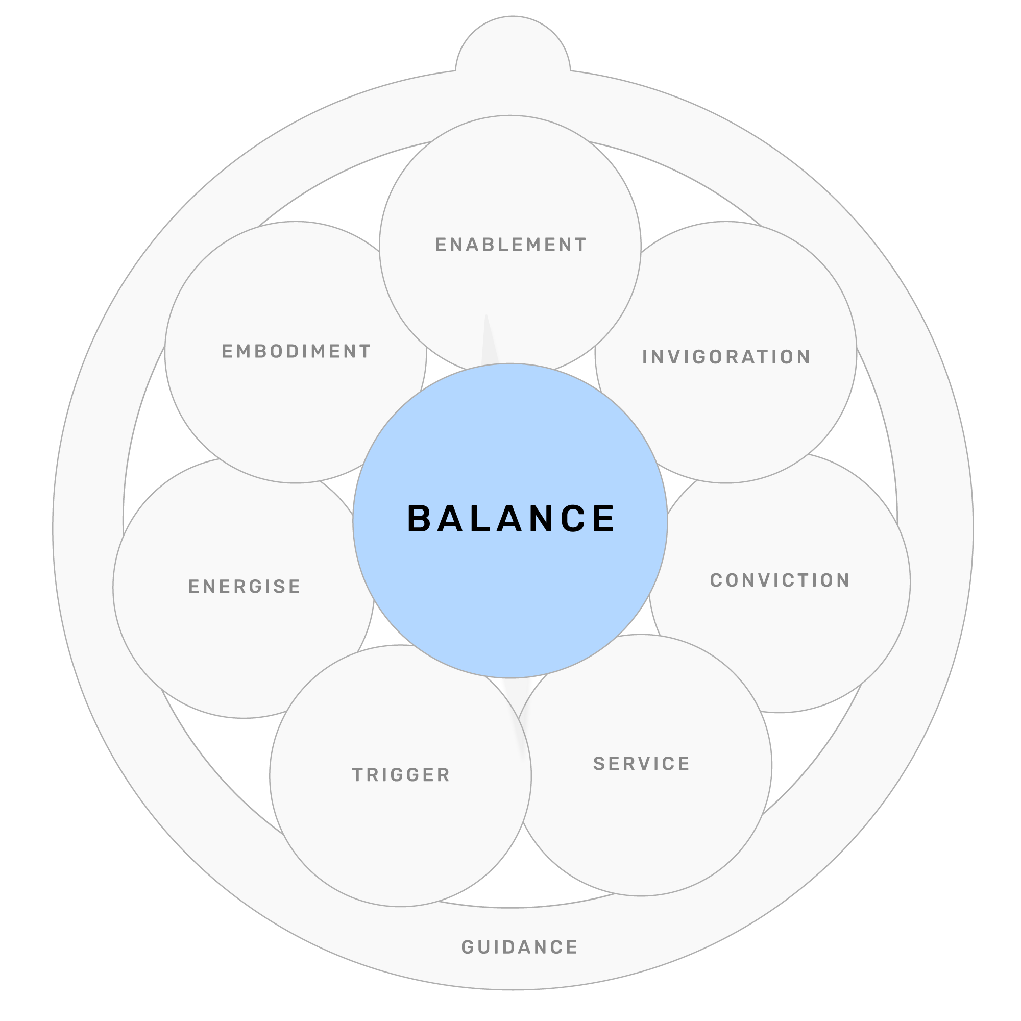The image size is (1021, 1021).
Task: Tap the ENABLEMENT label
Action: click(x=510, y=245)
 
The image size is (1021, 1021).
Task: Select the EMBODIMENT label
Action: click(x=296, y=351)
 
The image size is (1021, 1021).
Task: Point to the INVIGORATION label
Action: click(x=726, y=357)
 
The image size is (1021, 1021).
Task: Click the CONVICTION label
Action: click(x=780, y=580)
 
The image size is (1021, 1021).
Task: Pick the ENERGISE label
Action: click(x=244, y=587)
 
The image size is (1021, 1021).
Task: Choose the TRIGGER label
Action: click(x=401, y=775)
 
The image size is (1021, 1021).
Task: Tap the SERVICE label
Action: click(x=641, y=764)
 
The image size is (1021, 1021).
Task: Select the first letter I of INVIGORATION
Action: click(x=645, y=357)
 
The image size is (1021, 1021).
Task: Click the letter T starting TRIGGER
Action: click(x=358, y=775)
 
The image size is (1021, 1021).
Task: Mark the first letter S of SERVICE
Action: click(x=599, y=764)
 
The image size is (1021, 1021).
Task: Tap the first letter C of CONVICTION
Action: click(x=716, y=580)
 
